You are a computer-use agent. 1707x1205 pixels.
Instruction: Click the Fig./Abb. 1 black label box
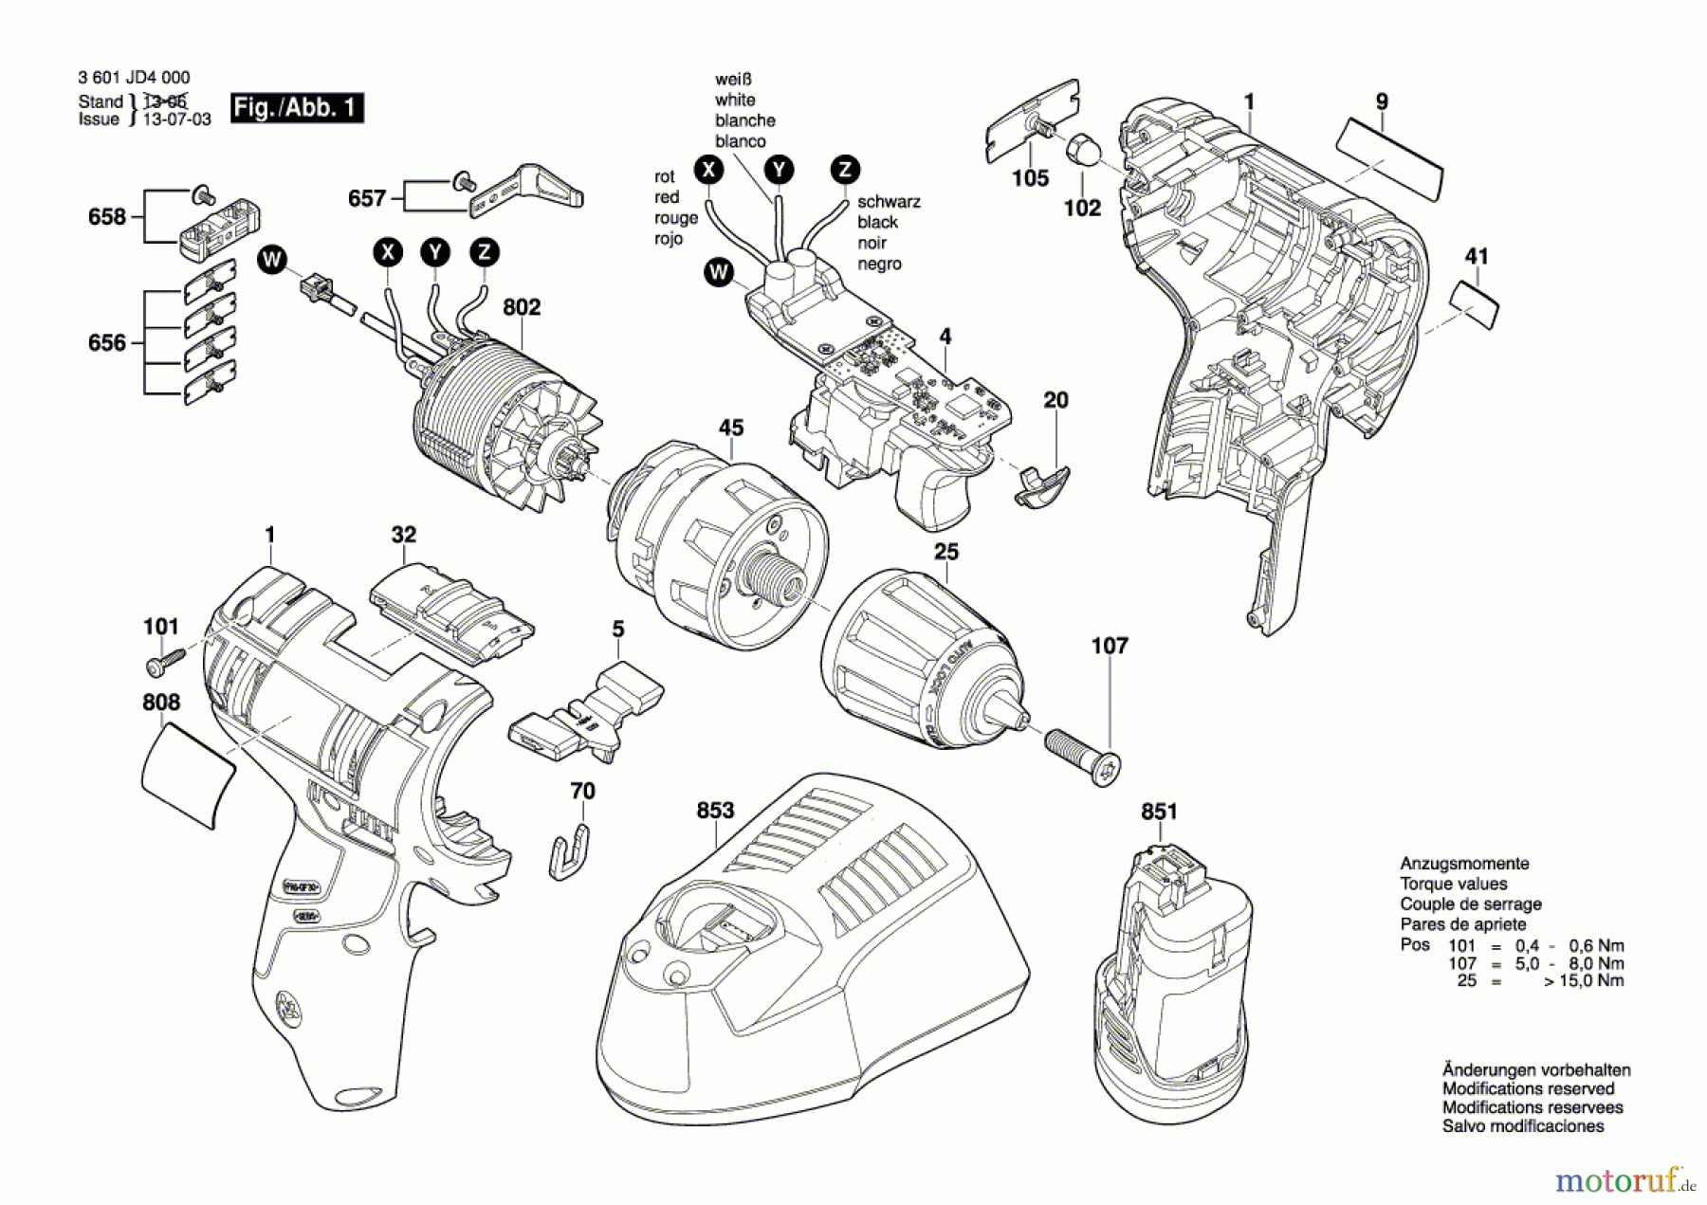click(297, 108)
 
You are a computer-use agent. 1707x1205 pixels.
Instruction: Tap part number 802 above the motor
click(522, 307)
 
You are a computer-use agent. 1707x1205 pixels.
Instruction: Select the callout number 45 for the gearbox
click(730, 428)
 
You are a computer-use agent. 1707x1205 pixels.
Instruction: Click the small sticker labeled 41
click(1475, 304)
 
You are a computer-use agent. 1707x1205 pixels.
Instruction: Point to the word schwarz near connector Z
click(889, 202)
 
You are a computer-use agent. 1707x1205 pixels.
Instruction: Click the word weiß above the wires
click(734, 80)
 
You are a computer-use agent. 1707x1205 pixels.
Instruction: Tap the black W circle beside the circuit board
click(719, 273)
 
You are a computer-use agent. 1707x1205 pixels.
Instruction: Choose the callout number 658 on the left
click(106, 217)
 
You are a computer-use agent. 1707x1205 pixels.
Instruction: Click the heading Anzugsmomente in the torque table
click(1464, 864)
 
